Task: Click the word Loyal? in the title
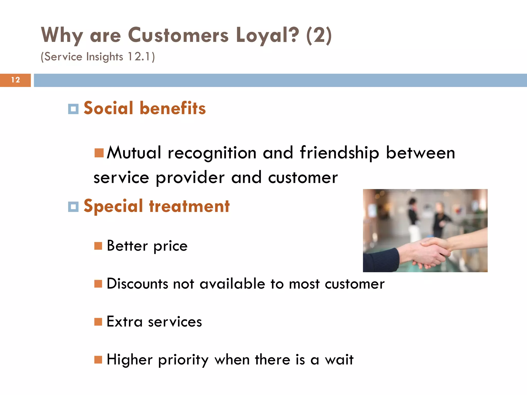coord(267,35)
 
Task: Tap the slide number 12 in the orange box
coord(15,80)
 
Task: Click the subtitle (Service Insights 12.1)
coord(98,57)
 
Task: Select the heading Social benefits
coord(145,108)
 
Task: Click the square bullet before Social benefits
coord(73,109)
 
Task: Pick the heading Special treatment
coord(156,206)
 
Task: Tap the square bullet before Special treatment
coord(73,207)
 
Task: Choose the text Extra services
coord(154,322)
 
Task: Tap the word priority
coord(183,360)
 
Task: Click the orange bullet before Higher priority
coord(98,360)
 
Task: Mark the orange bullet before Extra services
coord(98,322)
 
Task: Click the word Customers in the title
coord(178,35)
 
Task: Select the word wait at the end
coord(339,360)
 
